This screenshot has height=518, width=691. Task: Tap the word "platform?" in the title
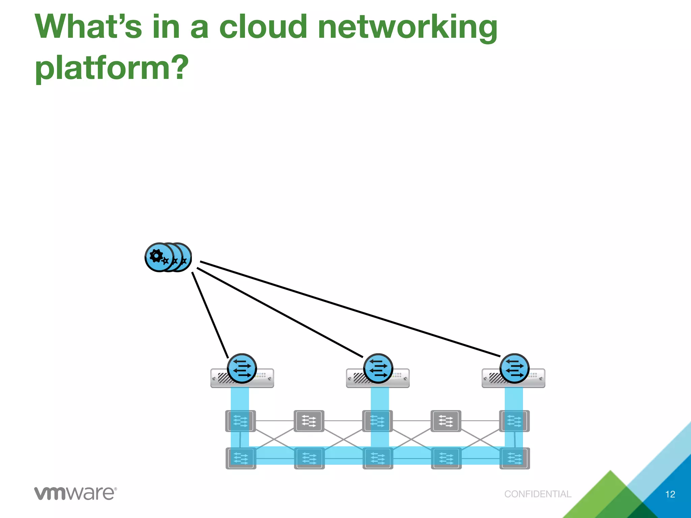[x=112, y=68]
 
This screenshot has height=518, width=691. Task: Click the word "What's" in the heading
[x=88, y=27]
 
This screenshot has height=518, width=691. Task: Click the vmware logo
[x=75, y=493]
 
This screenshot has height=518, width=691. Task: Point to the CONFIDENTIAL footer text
[x=537, y=494]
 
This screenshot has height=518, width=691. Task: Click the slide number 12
[x=670, y=494]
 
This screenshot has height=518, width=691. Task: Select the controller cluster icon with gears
[x=168, y=257]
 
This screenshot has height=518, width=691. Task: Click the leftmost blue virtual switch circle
[x=242, y=368]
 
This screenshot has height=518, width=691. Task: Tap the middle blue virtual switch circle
[x=378, y=368]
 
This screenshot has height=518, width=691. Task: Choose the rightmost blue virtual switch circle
[x=514, y=368]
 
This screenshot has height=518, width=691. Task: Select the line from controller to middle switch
[x=280, y=313]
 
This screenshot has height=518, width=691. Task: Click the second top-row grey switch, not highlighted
[x=309, y=421]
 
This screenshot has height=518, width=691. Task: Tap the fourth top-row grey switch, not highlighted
[x=446, y=421]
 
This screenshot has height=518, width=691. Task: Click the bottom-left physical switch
[x=241, y=458]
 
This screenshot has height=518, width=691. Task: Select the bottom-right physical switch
[x=515, y=458]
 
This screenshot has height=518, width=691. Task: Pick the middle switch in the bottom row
[x=378, y=458]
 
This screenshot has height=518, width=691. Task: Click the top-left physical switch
[x=240, y=421]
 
